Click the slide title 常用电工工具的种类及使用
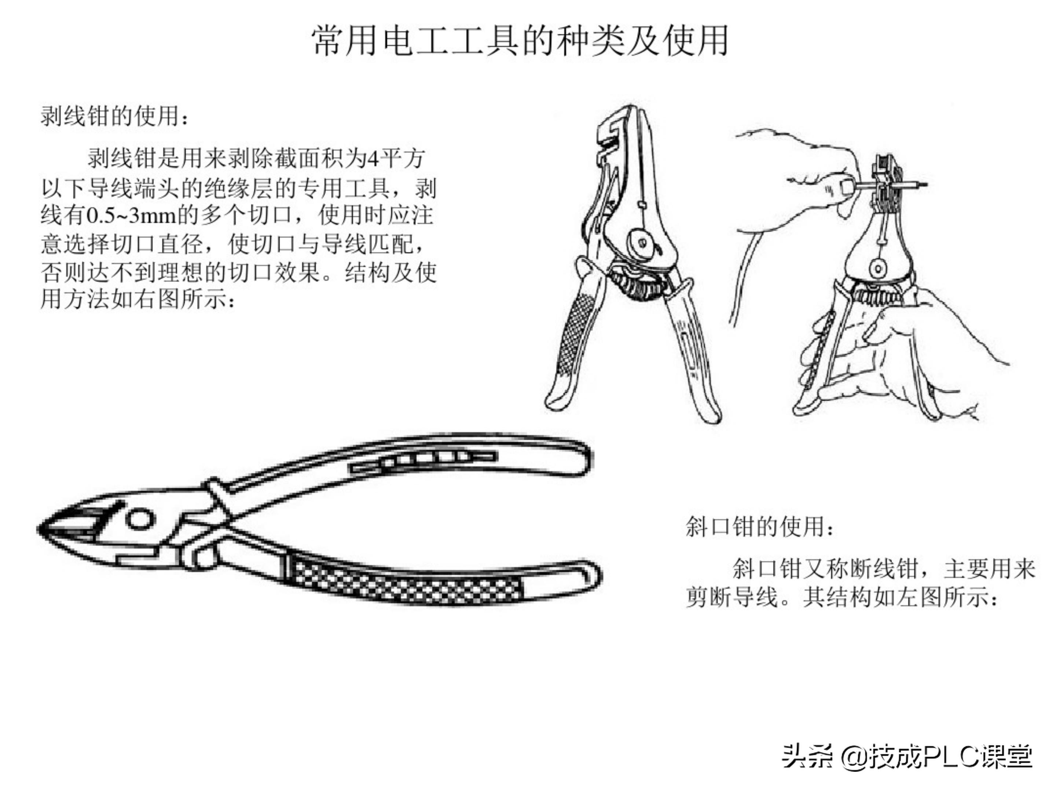tap(520, 41)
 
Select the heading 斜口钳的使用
tap(759, 527)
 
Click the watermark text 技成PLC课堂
tap(950, 756)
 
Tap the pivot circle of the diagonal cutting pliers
tap(140, 518)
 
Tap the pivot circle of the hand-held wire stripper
tap(878, 267)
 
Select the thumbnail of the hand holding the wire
tap(846, 187)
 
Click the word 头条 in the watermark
tap(807, 756)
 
